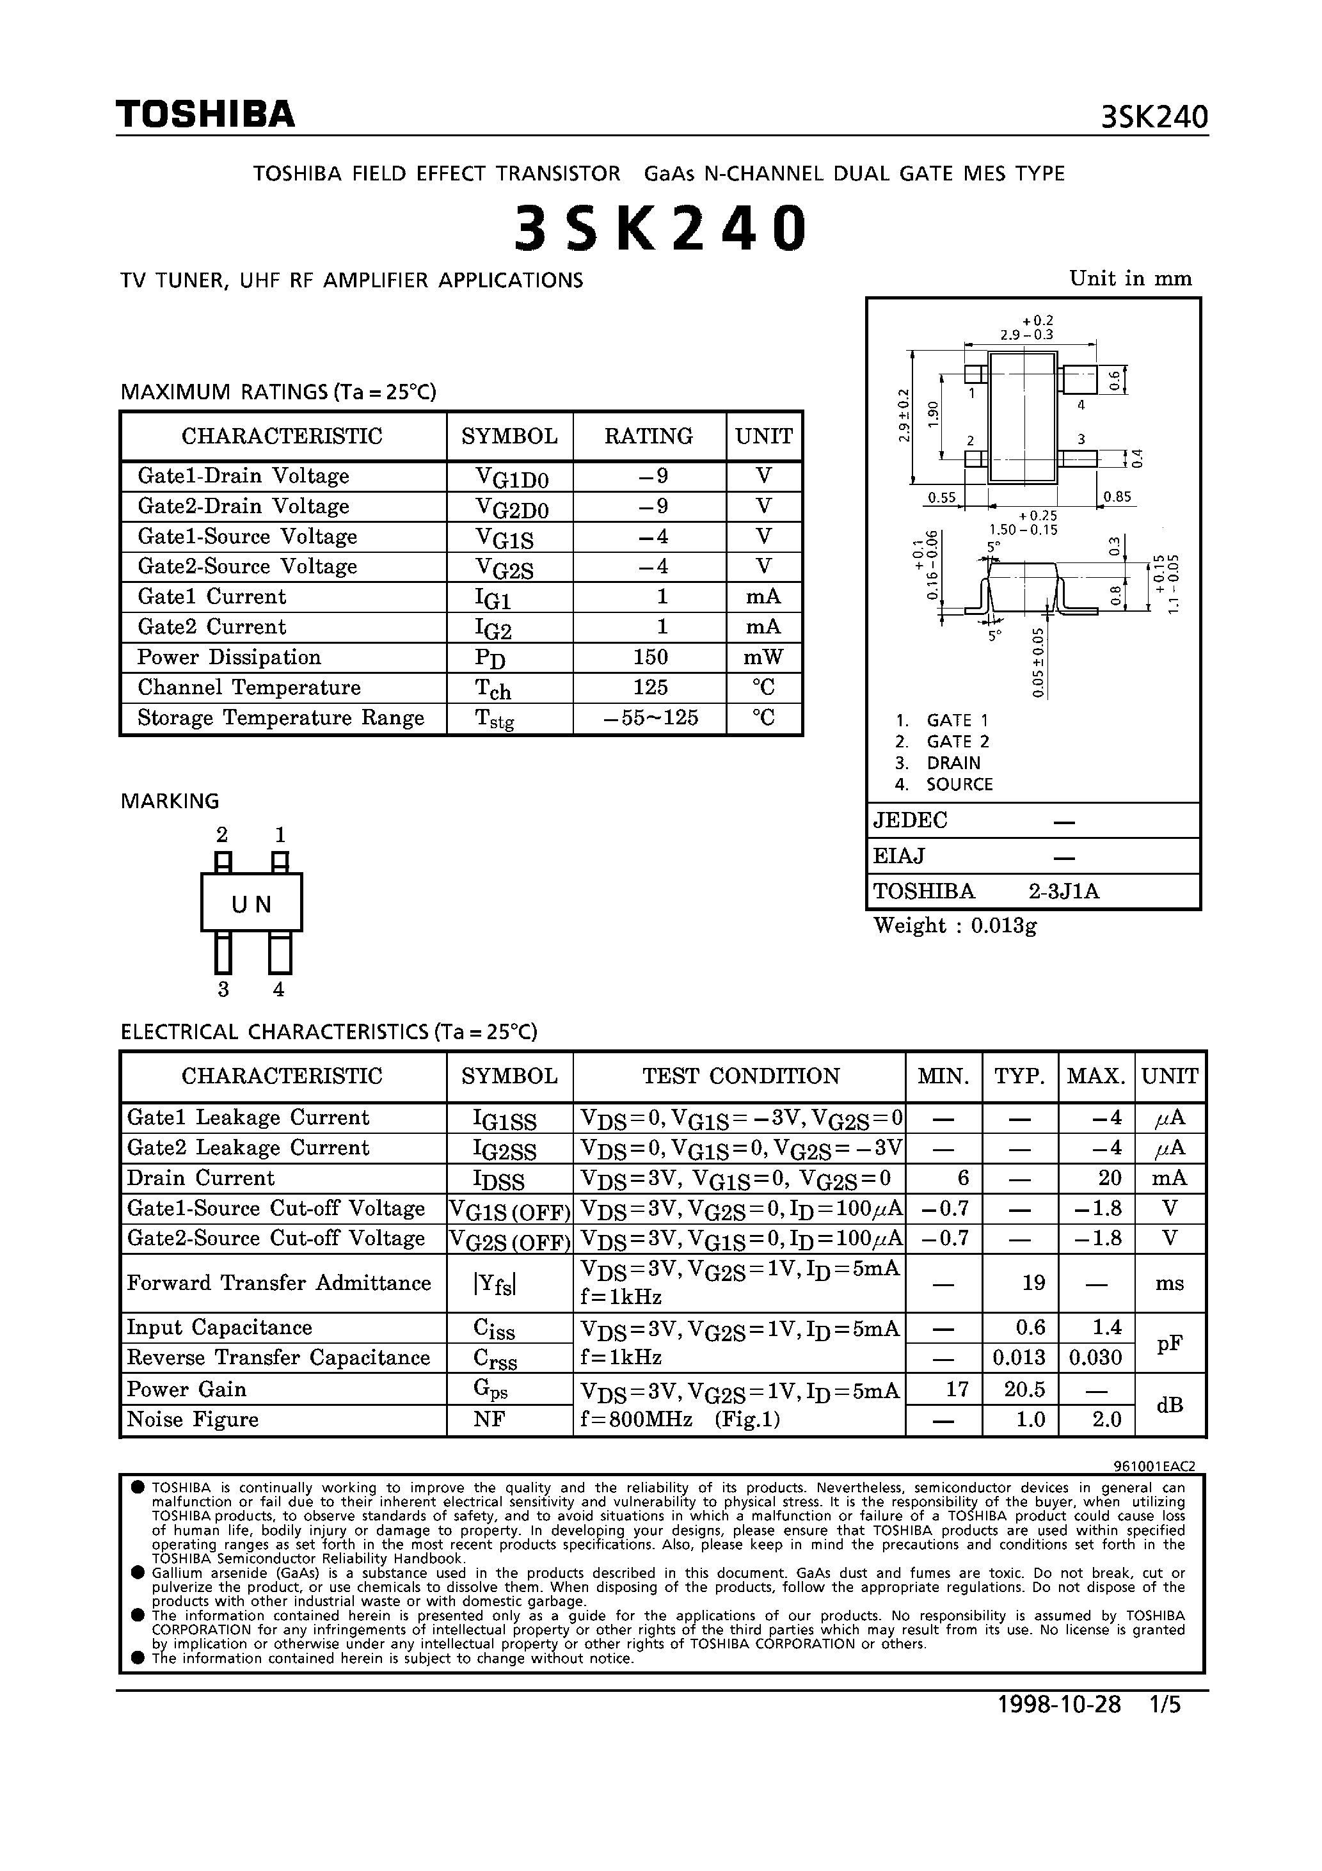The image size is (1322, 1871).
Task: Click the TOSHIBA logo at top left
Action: (x=205, y=115)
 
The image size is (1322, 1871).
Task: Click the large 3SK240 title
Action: (x=661, y=228)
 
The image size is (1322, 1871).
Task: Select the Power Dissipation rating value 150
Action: (x=649, y=658)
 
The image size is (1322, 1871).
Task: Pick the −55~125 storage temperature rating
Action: (x=650, y=718)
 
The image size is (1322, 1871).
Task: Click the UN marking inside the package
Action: (x=251, y=905)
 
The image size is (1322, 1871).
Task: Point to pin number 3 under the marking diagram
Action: (x=223, y=989)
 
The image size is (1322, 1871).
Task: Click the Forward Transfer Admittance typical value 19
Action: (x=1033, y=1284)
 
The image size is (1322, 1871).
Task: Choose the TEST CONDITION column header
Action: (x=740, y=1076)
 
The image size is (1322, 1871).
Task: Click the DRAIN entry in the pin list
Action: (x=953, y=763)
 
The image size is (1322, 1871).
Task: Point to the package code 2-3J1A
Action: (x=1063, y=891)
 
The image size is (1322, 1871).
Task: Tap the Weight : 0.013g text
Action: (x=955, y=926)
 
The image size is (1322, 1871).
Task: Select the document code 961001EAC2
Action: (x=1154, y=1466)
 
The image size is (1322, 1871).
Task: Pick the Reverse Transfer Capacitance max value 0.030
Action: (x=1095, y=1358)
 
